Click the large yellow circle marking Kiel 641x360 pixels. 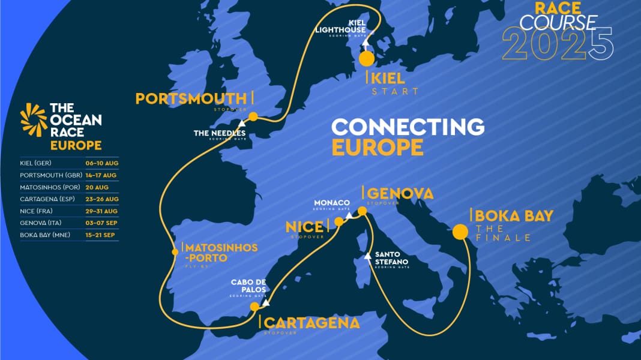coord(366,59)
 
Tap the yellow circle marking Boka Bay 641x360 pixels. coord(460,232)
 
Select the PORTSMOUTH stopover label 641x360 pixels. coord(191,98)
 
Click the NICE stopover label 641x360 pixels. coord(304,226)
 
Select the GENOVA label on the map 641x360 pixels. coord(400,193)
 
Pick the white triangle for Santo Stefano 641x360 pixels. coord(369,257)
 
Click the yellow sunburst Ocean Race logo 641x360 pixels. coord(33,120)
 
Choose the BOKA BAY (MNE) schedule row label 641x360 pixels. coord(46,235)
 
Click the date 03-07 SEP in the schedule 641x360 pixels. coord(102,223)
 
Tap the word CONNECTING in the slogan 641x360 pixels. coord(408,127)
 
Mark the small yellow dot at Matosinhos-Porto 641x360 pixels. coord(175,252)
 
